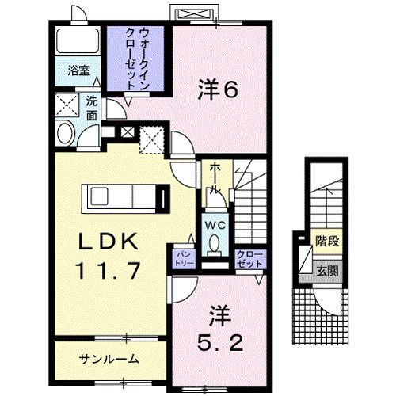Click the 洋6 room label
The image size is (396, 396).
coord(217,90)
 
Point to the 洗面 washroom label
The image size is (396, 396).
coord(92,106)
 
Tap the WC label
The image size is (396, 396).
coord(214,223)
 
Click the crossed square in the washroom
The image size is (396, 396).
coord(67,103)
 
